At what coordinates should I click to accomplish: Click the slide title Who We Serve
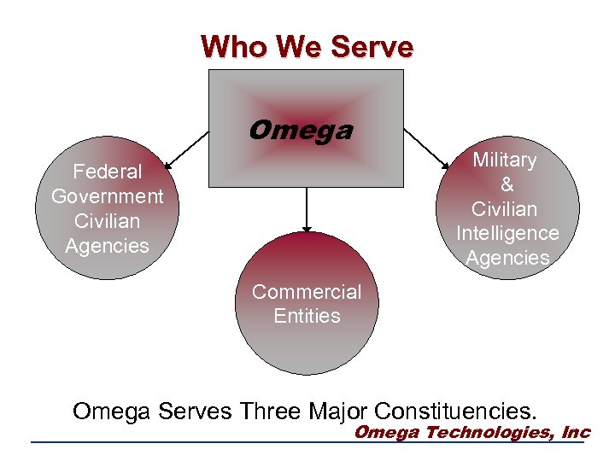coord(307,46)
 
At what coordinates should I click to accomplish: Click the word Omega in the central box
coord(300,131)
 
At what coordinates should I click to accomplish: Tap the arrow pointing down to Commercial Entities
coord(307,209)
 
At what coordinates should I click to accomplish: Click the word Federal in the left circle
coord(108,172)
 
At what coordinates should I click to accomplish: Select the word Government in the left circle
coord(108,196)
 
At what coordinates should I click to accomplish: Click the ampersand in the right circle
coord(507,184)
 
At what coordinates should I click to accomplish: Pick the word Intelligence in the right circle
coord(507,233)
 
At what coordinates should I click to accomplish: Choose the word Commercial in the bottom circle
coord(307,292)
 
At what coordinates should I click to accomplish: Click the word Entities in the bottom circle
coord(307,316)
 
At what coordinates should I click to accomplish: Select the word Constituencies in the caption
coord(457,411)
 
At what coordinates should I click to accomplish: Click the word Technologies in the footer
coord(489,432)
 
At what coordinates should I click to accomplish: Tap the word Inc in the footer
coord(576,432)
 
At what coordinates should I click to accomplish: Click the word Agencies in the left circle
coord(108,246)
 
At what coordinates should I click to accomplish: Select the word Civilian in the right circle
coord(505,209)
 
